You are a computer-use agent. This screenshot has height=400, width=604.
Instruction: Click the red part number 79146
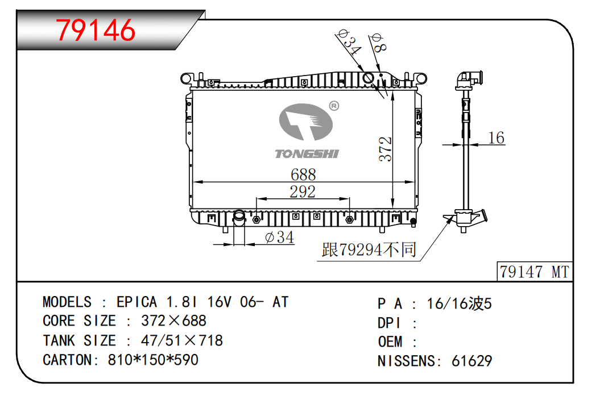pyautogui.click(x=96, y=30)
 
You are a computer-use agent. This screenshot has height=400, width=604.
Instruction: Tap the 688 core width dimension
pyautogui.click(x=303, y=174)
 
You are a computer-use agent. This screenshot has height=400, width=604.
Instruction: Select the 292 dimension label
pyautogui.click(x=303, y=191)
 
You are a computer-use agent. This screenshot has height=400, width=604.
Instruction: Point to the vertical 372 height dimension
pyautogui.click(x=385, y=149)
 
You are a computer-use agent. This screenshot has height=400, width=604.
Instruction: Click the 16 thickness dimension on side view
pyautogui.click(x=496, y=138)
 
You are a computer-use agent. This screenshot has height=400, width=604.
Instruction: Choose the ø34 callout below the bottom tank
pyautogui.click(x=280, y=237)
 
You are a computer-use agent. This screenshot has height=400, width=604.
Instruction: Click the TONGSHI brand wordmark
pyautogui.click(x=307, y=154)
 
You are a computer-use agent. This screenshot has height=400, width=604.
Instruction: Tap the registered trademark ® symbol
pyautogui.click(x=334, y=106)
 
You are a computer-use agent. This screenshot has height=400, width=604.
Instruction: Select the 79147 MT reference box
pyautogui.click(x=534, y=272)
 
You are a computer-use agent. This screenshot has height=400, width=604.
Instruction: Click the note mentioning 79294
pyautogui.click(x=369, y=250)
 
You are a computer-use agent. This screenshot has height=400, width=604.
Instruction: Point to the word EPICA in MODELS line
pyautogui.click(x=136, y=302)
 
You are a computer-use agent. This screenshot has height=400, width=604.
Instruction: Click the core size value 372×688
pyautogui.click(x=173, y=320)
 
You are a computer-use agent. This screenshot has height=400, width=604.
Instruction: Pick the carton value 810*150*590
pyautogui.click(x=153, y=360)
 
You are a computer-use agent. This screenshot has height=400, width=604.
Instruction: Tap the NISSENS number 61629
pyautogui.click(x=472, y=361)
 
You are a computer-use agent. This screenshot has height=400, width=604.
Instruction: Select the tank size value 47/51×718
pyautogui.click(x=182, y=340)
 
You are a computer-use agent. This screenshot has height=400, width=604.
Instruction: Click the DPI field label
pyautogui.click(x=389, y=323)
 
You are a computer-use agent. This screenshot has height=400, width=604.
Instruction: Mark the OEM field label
pyautogui.click(x=390, y=342)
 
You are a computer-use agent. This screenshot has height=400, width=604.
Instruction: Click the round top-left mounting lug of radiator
pyautogui.click(x=186, y=78)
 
